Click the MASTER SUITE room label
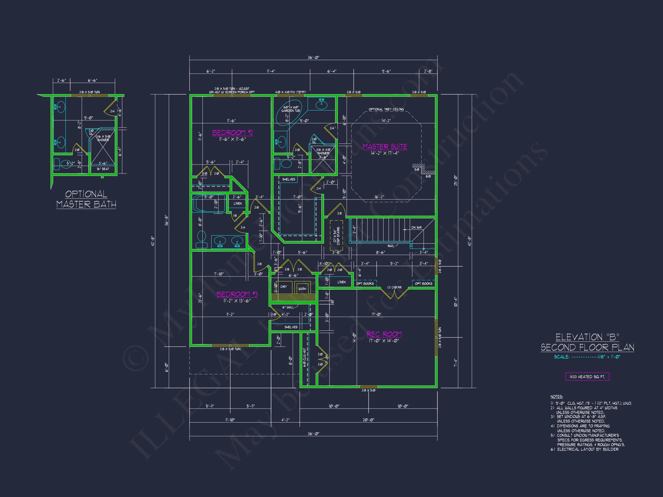pyautogui.click(x=384, y=146)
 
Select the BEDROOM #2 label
pyautogui.click(x=232, y=133)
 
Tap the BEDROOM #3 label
pyautogui.click(x=237, y=294)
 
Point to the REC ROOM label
pyautogui.click(x=384, y=334)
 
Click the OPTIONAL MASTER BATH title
pyautogui.click(x=86, y=199)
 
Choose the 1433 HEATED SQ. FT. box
pyautogui.click(x=587, y=376)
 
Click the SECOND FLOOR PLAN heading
pyautogui.click(x=587, y=347)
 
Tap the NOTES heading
pyautogui.click(x=556, y=397)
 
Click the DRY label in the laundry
pyautogui.click(x=283, y=287)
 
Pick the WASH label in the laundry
pyautogui.click(x=302, y=288)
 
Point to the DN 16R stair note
pyautogui.click(x=416, y=228)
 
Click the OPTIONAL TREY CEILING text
pyautogui.click(x=386, y=109)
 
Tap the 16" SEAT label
pyautogui.click(x=103, y=169)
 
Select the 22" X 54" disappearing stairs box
pyautogui.click(x=336, y=236)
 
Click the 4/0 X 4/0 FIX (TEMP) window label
pyautogui.click(x=290, y=92)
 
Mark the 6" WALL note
pyautogui.click(x=288, y=307)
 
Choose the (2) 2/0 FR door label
pyautogui.click(x=394, y=288)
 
